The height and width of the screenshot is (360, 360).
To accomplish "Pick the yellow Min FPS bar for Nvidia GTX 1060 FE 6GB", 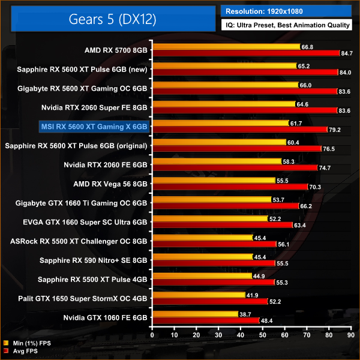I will click(x=196, y=314).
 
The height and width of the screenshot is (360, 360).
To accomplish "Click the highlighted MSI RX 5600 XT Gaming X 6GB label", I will click(x=93, y=127).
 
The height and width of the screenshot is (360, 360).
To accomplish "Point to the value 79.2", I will click(x=335, y=130).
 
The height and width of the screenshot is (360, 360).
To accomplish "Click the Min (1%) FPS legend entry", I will click(x=27, y=343).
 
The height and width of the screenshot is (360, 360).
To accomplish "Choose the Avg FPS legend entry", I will click(x=23, y=351).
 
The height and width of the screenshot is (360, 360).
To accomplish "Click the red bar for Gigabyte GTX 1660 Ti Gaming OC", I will click(x=226, y=205).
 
